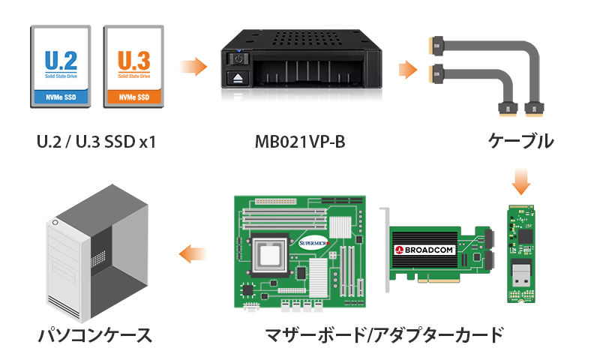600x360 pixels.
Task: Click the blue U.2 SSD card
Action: [x=61, y=67]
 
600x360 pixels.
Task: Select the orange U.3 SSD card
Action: [x=133, y=67]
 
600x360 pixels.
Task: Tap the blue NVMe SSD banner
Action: [x=61, y=97]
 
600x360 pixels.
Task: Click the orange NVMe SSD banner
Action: [x=134, y=97]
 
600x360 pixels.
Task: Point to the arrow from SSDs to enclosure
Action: [x=193, y=67]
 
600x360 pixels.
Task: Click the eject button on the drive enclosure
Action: [x=238, y=78]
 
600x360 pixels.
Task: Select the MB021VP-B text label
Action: [x=300, y=142]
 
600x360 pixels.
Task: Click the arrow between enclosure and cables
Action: [x=408, y=70]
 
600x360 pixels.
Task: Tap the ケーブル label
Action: [x=520, y=141]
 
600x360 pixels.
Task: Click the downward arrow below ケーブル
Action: [x=521, y=181]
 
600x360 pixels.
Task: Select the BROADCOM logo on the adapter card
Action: [x=424, y=250]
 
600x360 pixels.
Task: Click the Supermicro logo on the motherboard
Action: [x=313, y=243]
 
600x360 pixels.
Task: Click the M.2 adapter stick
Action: [x=520, y=253]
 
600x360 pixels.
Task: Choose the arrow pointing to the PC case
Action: [x=193, y=253]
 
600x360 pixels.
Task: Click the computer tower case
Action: [x=97, y=253]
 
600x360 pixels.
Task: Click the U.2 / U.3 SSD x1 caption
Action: [x=97, y=142]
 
